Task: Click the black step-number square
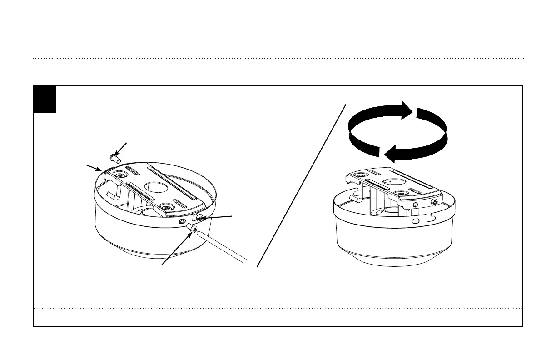[x=45, y=99]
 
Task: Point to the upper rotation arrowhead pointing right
[x=406, y=110]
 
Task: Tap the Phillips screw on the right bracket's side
[x=436, y=202]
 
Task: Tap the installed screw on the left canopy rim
[x=199, y=219]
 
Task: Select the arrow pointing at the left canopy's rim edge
[x=93, y=167]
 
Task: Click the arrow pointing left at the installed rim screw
[x=218, y=218]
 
